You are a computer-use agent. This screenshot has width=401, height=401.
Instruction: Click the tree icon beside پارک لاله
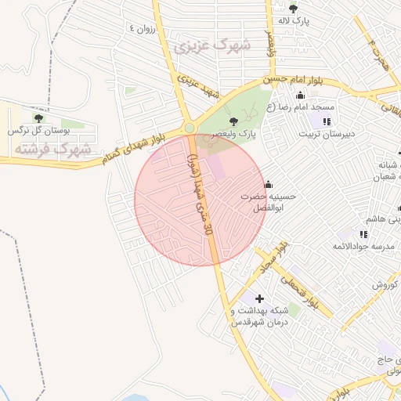[x=293, y=9]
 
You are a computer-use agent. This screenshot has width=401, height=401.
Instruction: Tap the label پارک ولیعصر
[x=238, y=134]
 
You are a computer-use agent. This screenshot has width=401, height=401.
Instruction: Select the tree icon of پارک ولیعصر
[x=234, y=121]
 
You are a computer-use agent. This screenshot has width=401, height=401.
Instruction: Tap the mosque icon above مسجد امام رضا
[x=301, y=96]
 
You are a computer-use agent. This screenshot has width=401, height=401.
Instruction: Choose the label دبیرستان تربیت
[x=327, y=134]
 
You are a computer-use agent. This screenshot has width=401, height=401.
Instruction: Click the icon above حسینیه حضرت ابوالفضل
[x=268, y=185]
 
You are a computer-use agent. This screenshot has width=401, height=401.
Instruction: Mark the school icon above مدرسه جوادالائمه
[x=363, y=233]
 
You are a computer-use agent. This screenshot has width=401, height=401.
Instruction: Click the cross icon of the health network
[x=259, y=298]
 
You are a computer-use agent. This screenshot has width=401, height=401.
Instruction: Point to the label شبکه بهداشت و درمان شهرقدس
[x=259, y=316]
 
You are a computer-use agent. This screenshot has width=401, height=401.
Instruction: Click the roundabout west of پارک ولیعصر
[x=189, y=128]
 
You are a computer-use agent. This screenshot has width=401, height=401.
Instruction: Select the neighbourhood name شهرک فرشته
[x=63, y=148]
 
